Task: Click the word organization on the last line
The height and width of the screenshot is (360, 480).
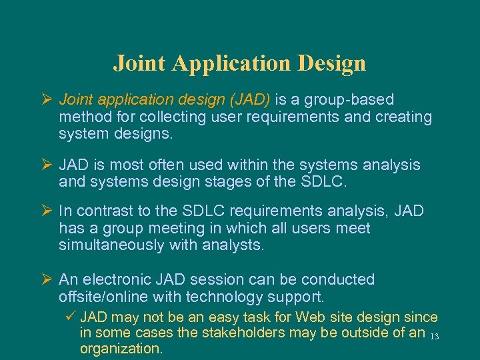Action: point(121,348)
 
